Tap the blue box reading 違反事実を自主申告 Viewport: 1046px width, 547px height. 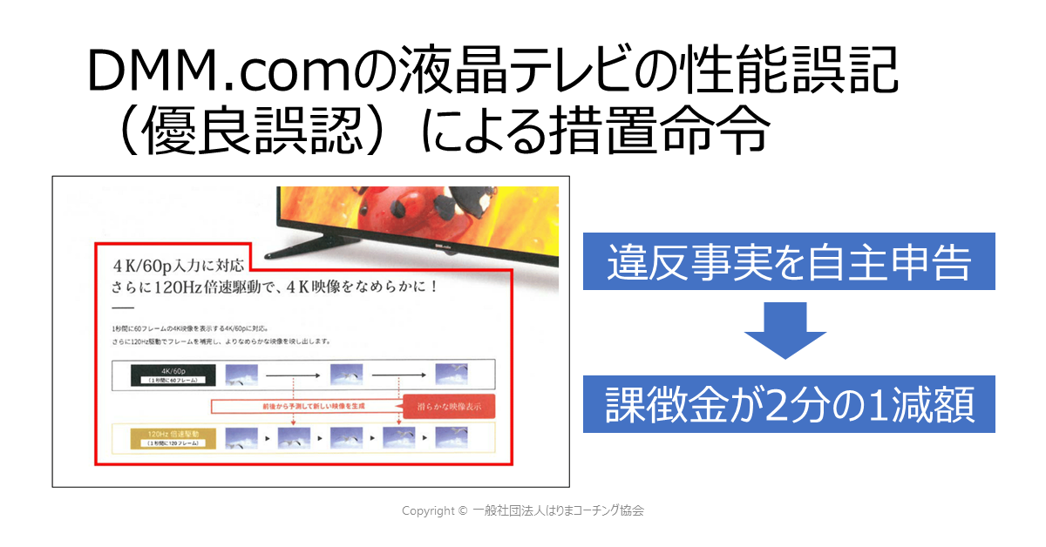(788, 261)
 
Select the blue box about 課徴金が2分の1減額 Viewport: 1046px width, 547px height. (788, 404)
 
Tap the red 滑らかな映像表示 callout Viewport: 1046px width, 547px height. (443, 406)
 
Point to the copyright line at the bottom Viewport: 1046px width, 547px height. (523, 511)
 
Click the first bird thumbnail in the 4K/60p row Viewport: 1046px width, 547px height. (241, 375)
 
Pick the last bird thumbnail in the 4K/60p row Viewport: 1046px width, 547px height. (452, 375)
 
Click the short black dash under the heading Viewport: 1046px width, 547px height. (123, 309)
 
